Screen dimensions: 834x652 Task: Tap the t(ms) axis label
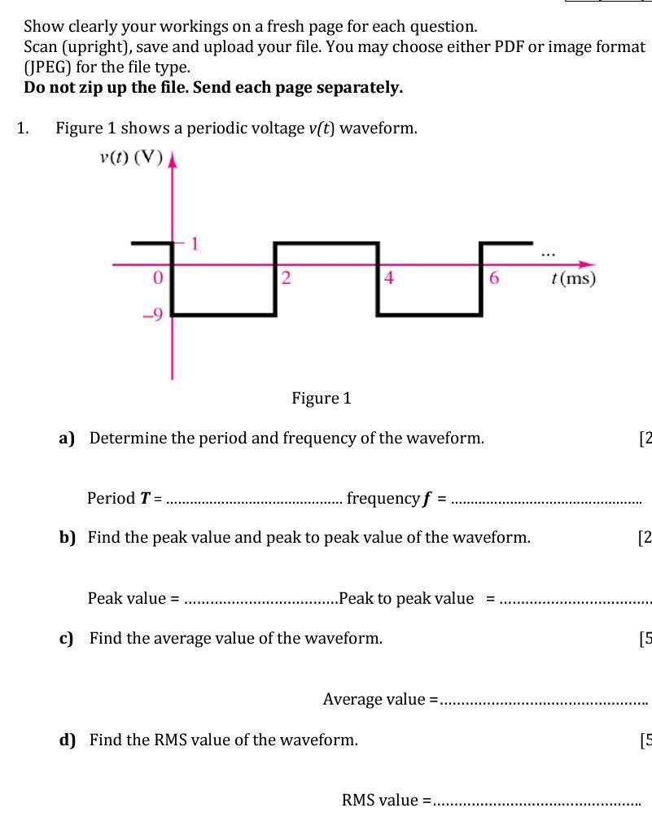[573, 279]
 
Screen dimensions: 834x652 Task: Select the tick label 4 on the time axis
[388, 279]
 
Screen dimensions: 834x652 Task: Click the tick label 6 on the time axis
[493, 279]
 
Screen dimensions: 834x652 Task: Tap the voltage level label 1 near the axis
[195, 242]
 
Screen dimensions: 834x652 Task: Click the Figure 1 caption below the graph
[321, 398]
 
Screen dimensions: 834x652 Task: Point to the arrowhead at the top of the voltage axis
[172, 161]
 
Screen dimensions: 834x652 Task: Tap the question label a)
[67, 439]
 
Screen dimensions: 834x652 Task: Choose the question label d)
[67, 740]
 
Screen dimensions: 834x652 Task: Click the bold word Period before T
[112, 498]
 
